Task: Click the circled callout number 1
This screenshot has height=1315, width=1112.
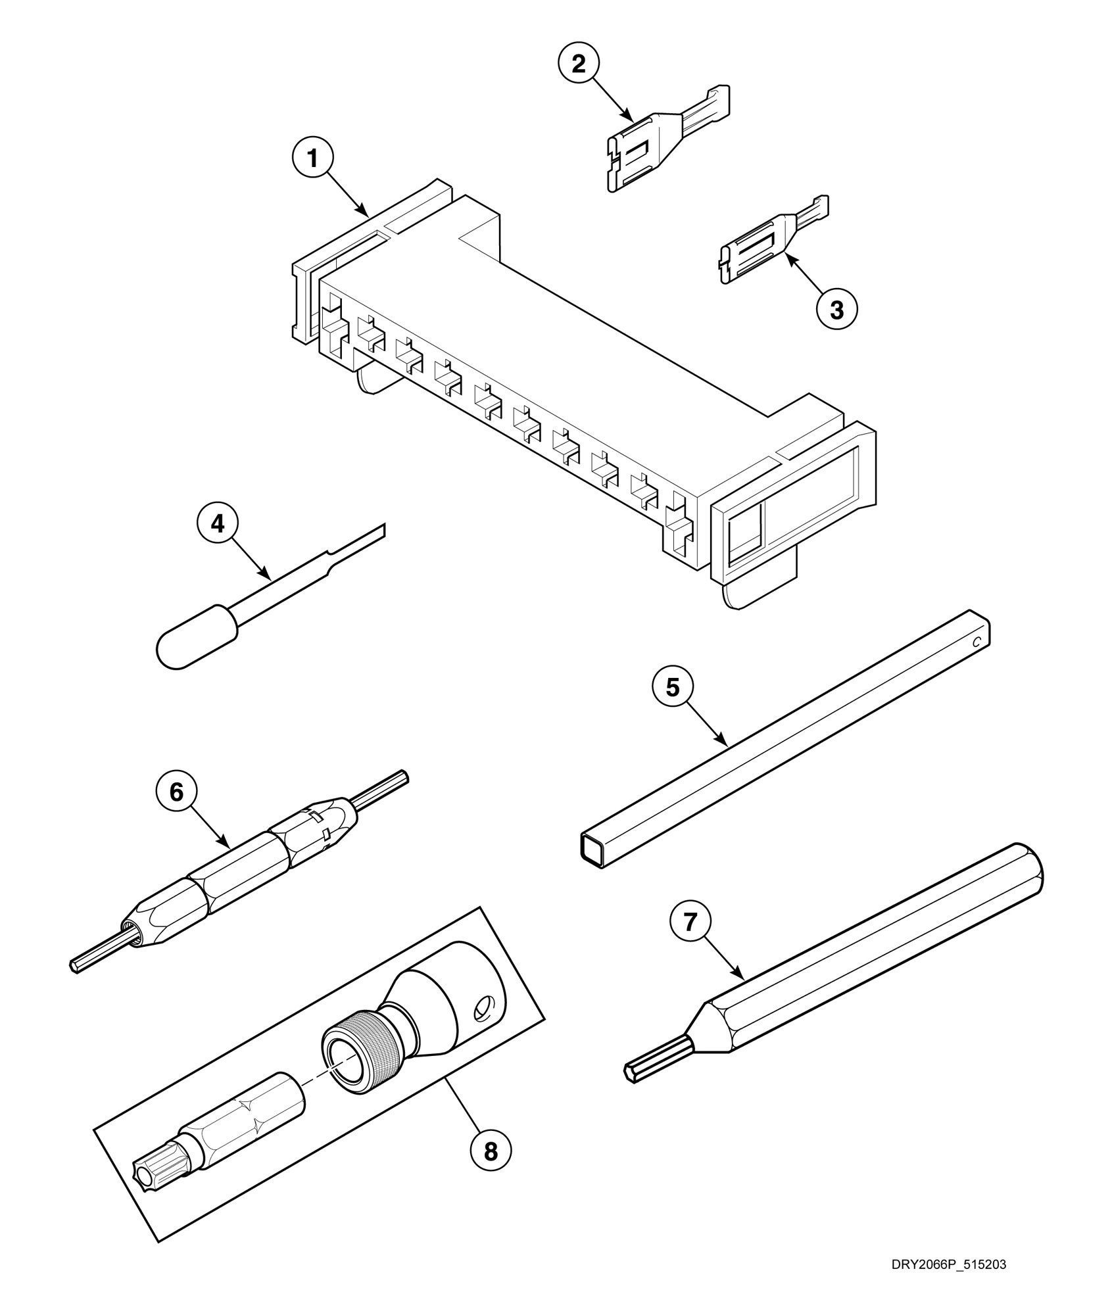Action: tap(312, 160)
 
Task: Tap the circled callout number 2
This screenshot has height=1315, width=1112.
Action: tap(579, 64)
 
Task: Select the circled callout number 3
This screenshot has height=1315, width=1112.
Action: tap(836, 309)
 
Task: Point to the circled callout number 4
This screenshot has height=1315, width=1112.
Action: tap(218, 524)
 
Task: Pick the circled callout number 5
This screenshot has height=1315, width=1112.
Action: tap(672, 688)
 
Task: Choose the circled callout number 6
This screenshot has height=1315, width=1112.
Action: tap(176, 792)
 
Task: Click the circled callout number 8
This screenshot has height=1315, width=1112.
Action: tap(491, 1151)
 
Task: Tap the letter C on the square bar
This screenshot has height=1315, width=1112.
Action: tap(977, 641)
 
